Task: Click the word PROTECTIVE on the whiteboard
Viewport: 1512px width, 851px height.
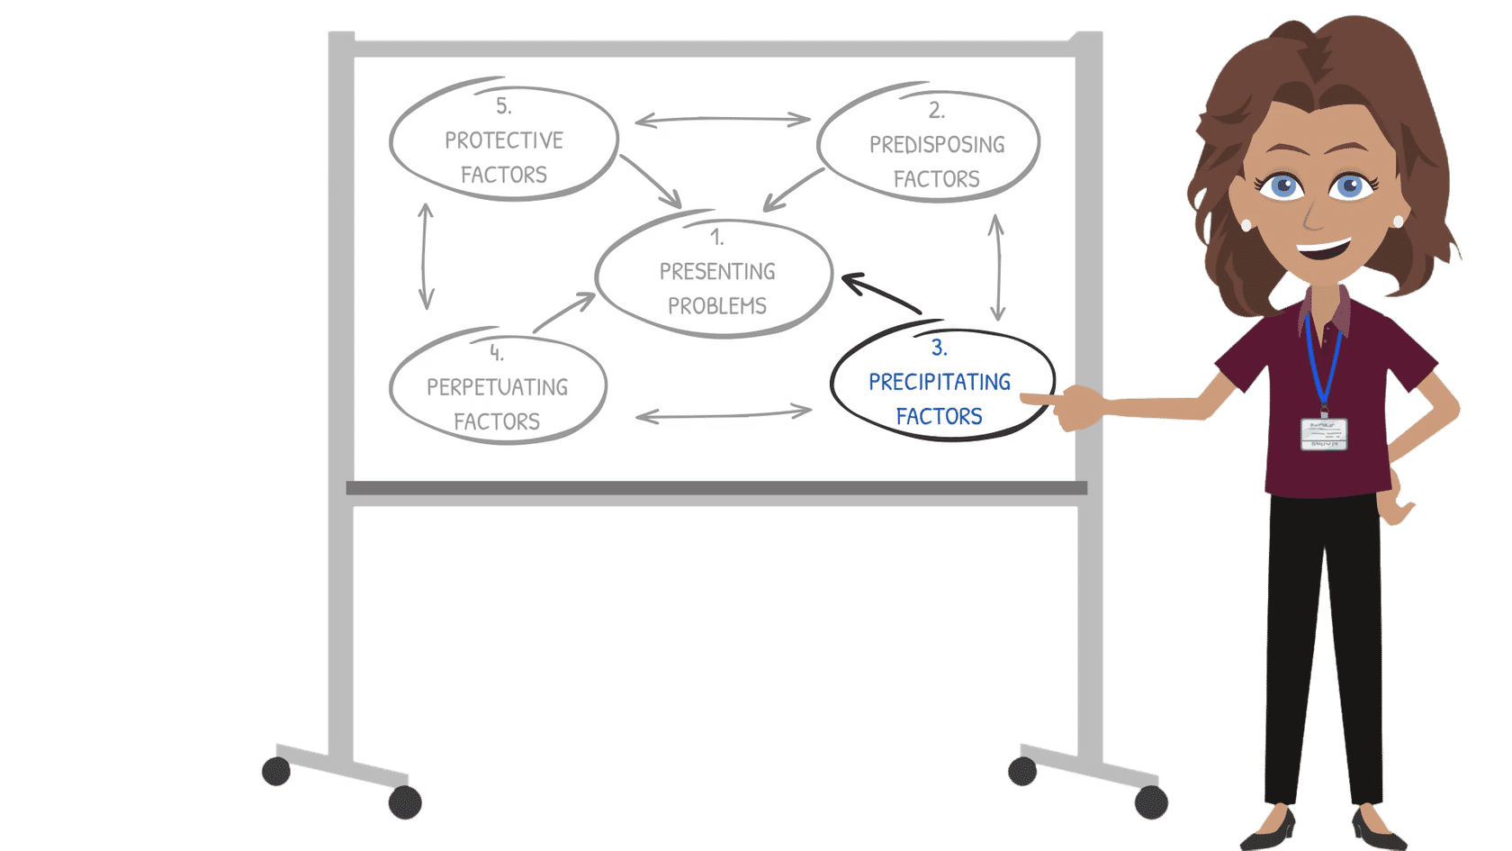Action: coord(503,140)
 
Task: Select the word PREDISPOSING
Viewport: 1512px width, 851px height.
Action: coord(936,145)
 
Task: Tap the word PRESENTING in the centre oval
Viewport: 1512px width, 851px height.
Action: coord(716,272)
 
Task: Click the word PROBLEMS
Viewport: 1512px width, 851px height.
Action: coord(716,306)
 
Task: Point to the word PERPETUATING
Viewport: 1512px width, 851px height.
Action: coord(497,387)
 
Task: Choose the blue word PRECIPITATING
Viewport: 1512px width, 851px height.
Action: coord(939,382)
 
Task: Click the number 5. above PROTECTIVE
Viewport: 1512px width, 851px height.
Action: coord(503,106)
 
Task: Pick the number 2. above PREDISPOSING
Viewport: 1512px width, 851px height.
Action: coord(936,110)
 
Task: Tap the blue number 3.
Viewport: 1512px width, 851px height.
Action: coord(939,348)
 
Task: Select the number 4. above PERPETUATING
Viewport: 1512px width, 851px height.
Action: coord(496,352)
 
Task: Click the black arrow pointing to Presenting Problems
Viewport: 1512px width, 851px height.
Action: coord(879,294)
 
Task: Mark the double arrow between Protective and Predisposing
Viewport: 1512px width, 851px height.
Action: coord(722,119)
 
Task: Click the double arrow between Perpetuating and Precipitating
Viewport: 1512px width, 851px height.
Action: coord(723,414)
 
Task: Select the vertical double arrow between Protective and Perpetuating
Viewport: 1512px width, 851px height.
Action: coord(426,256)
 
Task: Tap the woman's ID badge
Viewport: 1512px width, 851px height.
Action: coord(1323,433)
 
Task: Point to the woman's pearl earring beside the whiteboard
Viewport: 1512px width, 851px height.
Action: coord(1246,225)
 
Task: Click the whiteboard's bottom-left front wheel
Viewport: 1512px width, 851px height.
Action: coord(404,802)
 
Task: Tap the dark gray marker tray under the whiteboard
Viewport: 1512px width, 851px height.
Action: coord(716,488)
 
